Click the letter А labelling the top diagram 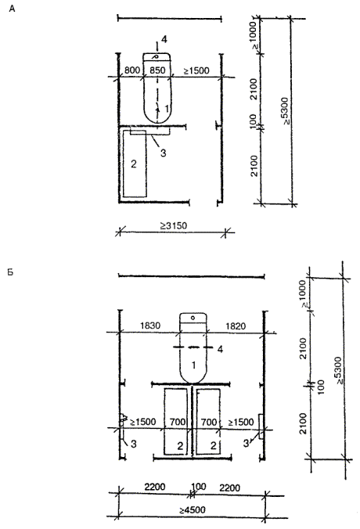coord(13,9)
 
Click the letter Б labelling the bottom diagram coord(10,272)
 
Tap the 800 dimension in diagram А coord(132,70)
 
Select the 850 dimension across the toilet coord(157,70)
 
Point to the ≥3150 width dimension coord(174,225)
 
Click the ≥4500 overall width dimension coord(193,509)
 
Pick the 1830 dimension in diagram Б coord(150,326)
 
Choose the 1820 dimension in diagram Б coord(236,326)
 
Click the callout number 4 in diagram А coord(164,39)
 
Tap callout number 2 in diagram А coord(134,164)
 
